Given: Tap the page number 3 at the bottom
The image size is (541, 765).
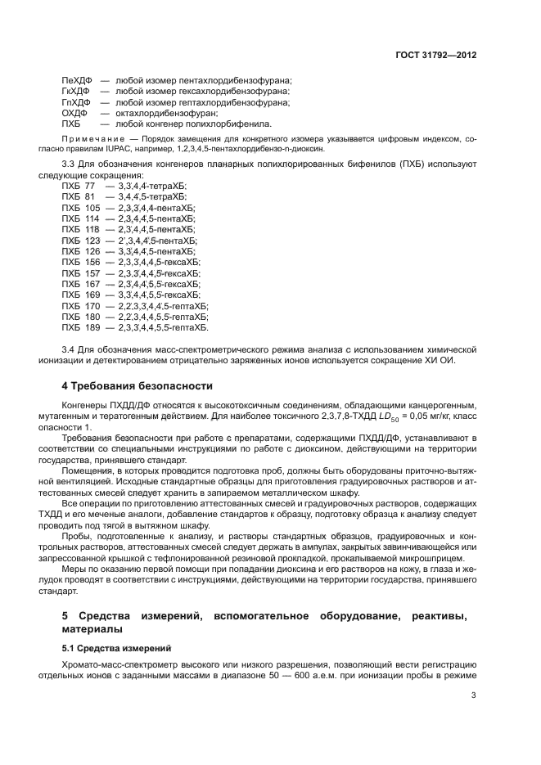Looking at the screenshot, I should (474, 696).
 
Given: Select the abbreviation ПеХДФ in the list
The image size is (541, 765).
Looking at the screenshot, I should (77, 79).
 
